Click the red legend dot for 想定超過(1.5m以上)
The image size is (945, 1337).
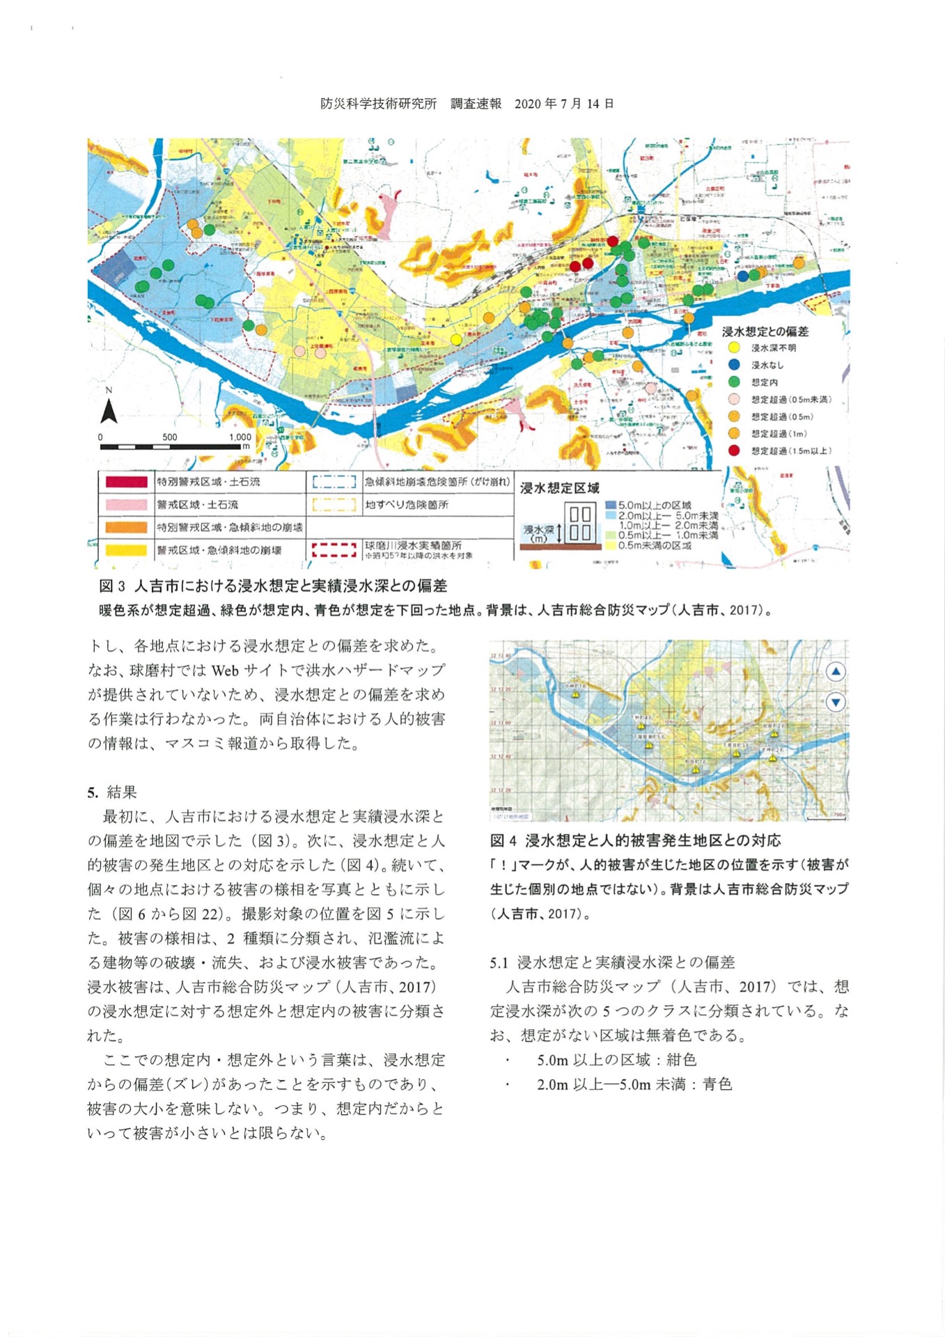pos(733,451)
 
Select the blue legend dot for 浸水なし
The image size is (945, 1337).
pos(733,365)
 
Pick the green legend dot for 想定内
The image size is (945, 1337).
pos(733,382)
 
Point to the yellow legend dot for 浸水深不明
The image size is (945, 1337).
pos(733,347)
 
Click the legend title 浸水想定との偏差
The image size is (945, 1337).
pos(765,331)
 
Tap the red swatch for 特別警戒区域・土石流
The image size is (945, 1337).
pos(126,482)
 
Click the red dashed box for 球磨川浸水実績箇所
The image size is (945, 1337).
pos(334,549)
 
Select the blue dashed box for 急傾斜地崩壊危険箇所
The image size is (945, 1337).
pos(334,482)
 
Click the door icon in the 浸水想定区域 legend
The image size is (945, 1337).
pos(580,524)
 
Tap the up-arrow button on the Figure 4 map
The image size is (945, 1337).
pos(836,672)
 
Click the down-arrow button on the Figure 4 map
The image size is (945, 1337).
pos(836,702)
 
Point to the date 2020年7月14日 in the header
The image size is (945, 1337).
pos(564,104)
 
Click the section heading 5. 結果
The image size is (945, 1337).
pos(112,792)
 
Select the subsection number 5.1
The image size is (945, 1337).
pos(499,962)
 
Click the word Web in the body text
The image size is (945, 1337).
pos(225,671)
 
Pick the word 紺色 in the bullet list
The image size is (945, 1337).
pos(681,1060)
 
